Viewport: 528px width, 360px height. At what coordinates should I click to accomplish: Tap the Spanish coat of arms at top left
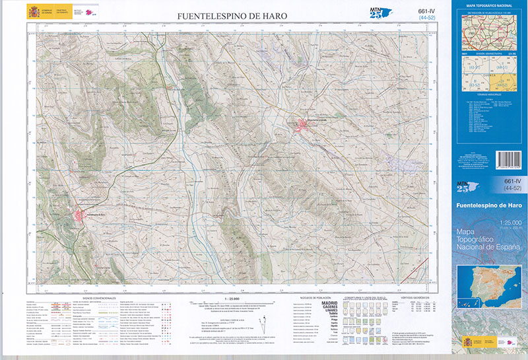(x=33, y=12)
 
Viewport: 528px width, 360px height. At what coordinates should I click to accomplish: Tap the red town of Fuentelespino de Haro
(x=82, y=215)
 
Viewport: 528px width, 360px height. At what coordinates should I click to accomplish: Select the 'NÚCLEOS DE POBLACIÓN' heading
(x=315, y=298)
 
